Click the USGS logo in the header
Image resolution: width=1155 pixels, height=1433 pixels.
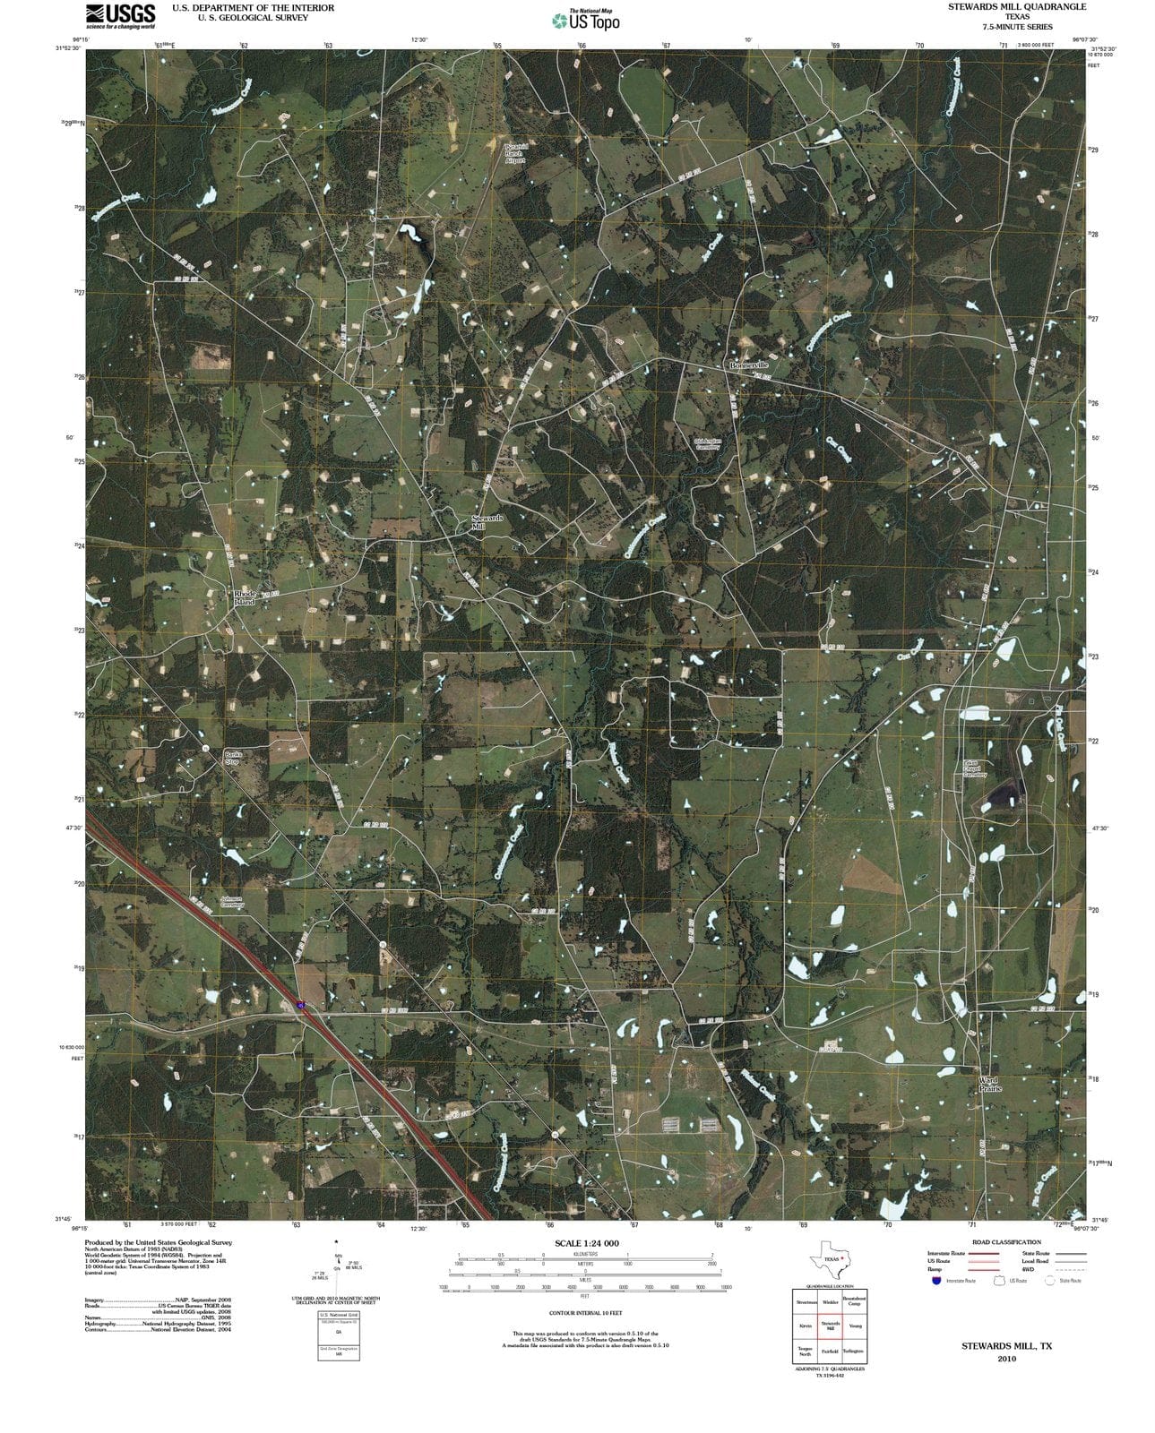(x=120, y=15)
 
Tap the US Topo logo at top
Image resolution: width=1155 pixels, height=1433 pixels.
(x=586, y=20)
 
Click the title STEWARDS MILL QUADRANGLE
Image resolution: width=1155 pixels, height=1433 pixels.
(x=1017, y=6)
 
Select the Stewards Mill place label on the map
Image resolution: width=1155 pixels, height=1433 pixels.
(x=487, y=523)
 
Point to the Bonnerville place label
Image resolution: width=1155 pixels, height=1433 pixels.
(x=748, y=365)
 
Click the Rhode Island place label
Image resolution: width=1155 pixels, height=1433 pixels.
(x=245, y=597)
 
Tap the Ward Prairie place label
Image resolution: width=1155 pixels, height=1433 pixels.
(x=989, y=1084)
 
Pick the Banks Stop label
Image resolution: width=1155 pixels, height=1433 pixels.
(x=233, y=758)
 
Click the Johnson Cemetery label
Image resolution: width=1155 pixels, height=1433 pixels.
(x=232, y=902)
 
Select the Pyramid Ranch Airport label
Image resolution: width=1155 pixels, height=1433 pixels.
(x=515, y=153)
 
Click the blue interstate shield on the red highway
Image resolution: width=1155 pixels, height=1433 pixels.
(x=301, y=1006)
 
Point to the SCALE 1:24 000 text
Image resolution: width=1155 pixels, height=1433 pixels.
(x=586, y=1244)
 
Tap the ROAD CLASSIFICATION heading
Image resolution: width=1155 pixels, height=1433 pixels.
(x=1006, y=1242)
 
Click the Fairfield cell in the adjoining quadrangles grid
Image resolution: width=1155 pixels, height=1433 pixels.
(x=829, y=1351)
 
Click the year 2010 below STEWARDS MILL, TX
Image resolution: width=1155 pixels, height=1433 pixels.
(x=1006, y=1359)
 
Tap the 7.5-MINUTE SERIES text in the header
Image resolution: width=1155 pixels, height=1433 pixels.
(x=1017, y=27)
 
